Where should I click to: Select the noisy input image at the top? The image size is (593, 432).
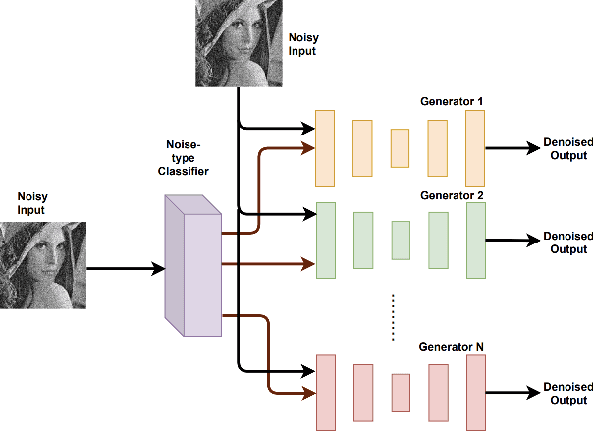[239, 44]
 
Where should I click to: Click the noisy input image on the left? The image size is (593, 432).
[42, 265]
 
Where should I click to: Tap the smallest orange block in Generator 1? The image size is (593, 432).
[400, 148]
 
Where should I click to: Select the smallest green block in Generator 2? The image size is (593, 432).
[400, 239]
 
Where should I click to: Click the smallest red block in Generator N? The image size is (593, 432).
[400, 393]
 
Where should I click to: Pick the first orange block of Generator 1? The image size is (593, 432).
[325, 147]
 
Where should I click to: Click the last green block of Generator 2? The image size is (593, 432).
[476, 239]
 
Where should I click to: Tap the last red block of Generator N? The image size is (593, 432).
[476, 393]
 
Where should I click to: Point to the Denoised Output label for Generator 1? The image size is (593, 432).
[566, 149]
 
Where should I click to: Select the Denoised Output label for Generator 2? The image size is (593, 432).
[566, 243]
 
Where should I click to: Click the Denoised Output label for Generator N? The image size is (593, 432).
[566, 394]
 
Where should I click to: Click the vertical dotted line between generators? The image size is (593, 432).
[393, 316]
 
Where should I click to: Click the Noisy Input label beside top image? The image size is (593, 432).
[302, 44]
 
